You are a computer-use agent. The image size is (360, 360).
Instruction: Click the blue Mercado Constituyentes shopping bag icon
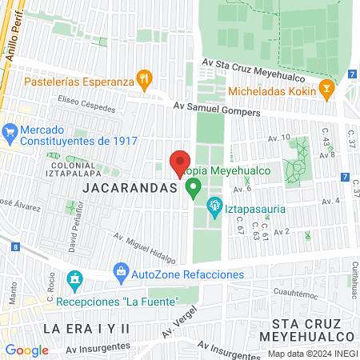pos(11,130)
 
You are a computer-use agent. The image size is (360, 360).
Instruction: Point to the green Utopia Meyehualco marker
pos(193,189)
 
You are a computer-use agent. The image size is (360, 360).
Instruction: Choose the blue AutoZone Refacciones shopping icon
pos(121,273)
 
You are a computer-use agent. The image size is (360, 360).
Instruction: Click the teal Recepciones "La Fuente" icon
pos(75,281)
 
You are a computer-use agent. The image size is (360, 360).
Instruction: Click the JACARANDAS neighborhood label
pos(128,187)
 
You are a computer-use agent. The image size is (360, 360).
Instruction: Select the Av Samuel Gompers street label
pos(218,110)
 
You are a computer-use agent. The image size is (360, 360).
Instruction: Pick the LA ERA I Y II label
pos(86,329)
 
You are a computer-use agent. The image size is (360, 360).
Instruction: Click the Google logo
pos(27,350)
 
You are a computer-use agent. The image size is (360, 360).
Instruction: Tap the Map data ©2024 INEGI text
pos(312,354)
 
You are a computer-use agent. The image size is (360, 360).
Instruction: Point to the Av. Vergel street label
pos(178,322)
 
